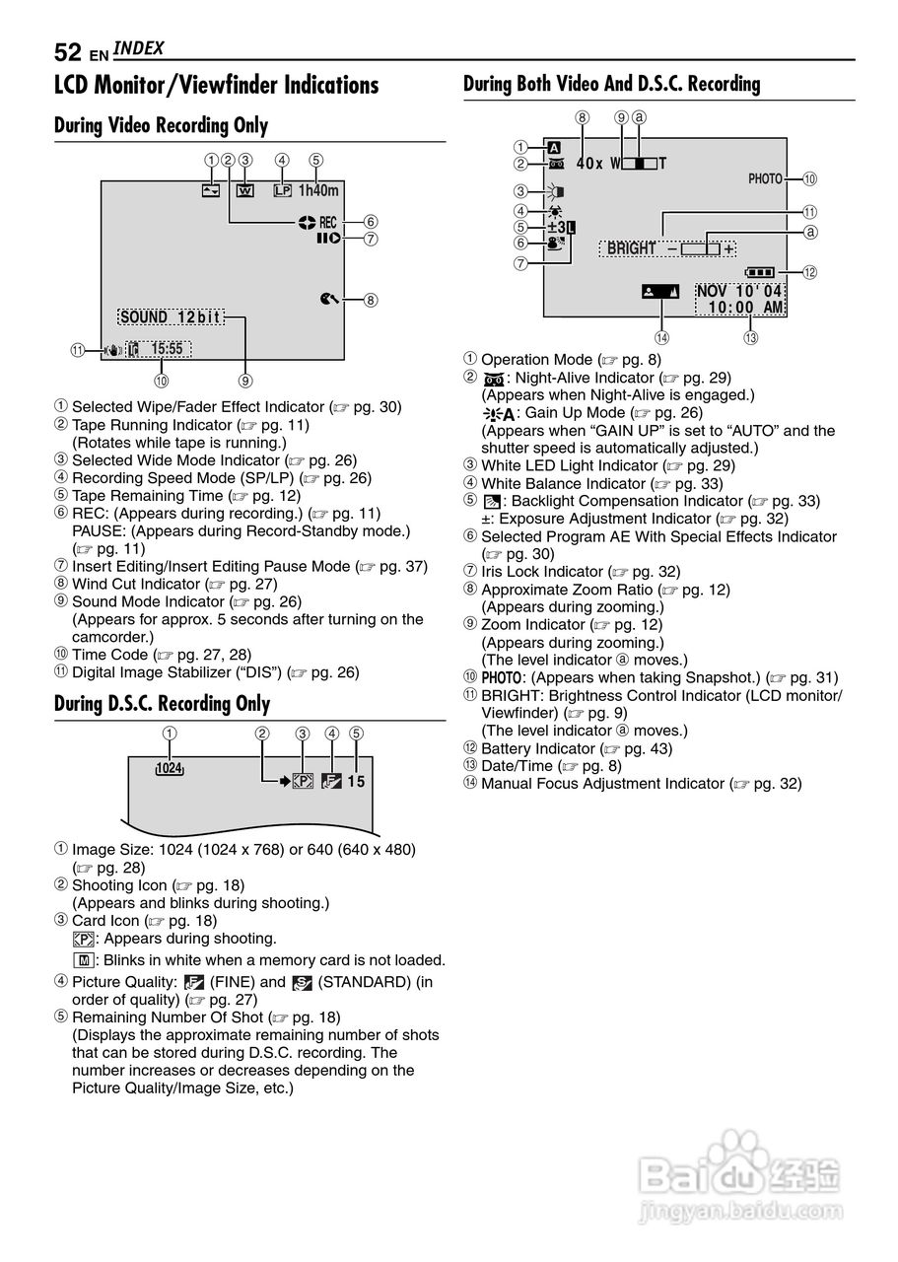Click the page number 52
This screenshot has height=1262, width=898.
point(68,52)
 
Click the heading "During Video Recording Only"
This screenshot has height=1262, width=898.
point(161,126)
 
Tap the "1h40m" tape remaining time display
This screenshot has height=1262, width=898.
point(318,190)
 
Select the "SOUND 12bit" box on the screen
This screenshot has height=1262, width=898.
point(171,317)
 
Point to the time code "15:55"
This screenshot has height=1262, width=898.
point(168,349)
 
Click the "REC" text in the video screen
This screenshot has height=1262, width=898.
point(327,223)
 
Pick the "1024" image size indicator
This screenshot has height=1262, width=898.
point(170,769)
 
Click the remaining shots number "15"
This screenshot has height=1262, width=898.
point(356,782)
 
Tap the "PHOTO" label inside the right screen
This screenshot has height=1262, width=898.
point(765,178)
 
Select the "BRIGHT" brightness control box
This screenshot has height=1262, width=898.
point(669,248)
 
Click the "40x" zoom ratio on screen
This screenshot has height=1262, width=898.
point(589,163)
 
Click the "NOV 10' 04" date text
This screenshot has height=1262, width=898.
point(739,291)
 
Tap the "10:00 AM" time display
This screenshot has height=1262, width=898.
point(745,308)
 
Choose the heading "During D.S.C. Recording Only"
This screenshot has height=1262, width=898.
point(162,704)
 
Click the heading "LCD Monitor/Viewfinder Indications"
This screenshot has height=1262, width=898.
point(216,86)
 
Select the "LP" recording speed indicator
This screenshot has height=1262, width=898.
point(283,190)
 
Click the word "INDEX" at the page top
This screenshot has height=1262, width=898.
point(138,48)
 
